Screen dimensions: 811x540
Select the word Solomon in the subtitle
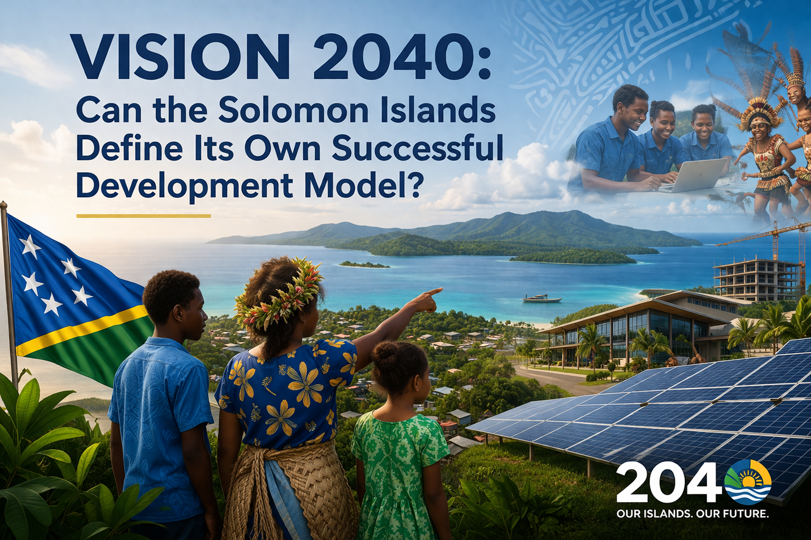click(303, 109)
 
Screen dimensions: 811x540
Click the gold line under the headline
click(144, 216)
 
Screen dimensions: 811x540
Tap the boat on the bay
click(542, 298)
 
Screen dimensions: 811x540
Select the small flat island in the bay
click(364, 265)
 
